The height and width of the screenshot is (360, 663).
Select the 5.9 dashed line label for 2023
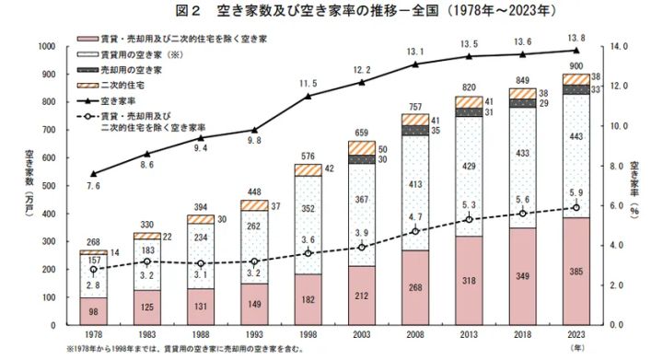[576, 193]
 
